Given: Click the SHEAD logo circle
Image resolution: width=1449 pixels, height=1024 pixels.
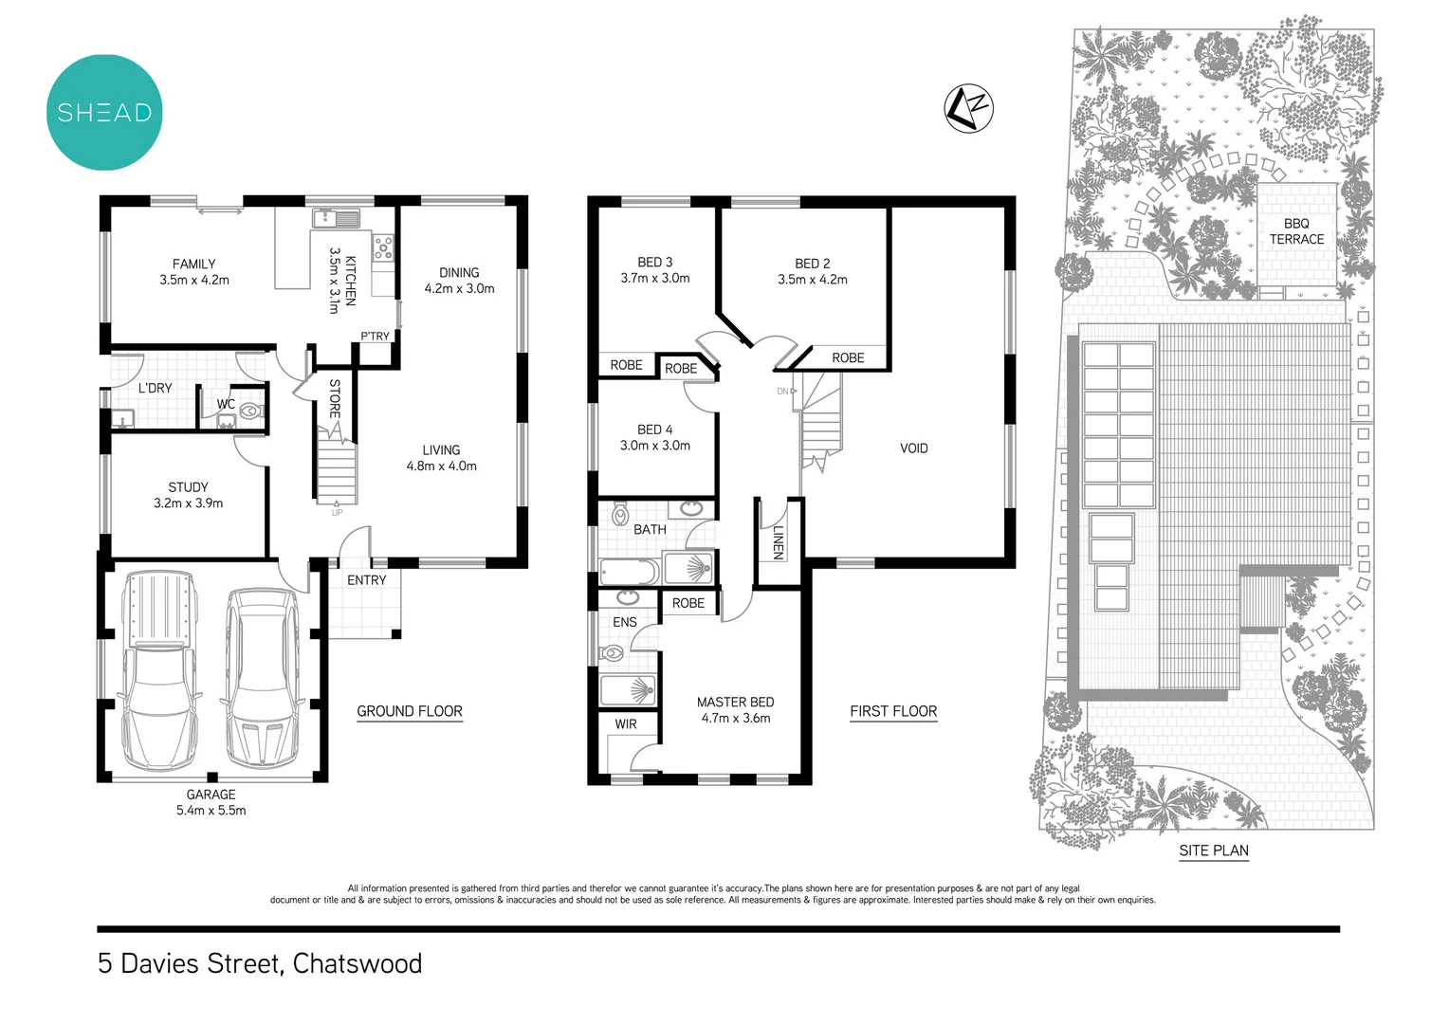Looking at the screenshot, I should point(104,112).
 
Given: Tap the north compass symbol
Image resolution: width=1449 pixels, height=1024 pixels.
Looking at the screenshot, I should point(968,108).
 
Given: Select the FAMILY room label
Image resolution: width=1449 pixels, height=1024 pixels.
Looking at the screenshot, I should point(193,264).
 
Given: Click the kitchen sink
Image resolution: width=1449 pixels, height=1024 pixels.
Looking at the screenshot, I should point(336,218).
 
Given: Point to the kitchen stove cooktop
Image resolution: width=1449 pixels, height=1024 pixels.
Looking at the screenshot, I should point(383,248).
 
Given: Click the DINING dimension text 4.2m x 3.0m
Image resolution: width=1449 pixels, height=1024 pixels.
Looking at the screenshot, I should point(459,288).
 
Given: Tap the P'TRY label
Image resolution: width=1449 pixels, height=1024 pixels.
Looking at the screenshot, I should point(375,337).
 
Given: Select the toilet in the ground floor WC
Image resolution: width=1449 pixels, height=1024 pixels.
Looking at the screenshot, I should point(250,411).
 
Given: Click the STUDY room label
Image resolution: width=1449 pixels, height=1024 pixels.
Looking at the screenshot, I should point(188,486).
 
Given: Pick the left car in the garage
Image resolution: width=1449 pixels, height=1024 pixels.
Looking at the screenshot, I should point(159,668).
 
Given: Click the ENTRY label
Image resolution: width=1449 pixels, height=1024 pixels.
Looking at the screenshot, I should point(366,580).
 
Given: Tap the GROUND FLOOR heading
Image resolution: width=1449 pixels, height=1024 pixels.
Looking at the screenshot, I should point(410,711).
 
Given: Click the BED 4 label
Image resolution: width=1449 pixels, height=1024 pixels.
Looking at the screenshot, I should point(654,430).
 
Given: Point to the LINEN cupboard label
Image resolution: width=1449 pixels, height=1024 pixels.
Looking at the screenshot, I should point(778,541).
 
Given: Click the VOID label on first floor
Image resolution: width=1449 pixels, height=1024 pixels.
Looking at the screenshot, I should point(913,448).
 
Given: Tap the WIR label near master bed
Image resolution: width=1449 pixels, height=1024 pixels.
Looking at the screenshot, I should point(626,723).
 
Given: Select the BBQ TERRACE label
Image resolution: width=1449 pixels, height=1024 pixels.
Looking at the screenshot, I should point(1296,231).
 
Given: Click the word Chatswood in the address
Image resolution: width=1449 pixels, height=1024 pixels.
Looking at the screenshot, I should point(358,963).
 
